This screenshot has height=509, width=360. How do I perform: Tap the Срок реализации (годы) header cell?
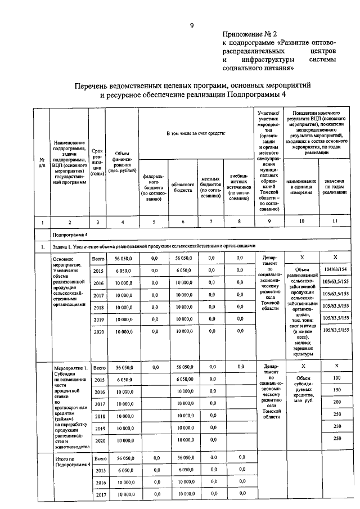coord(97,164)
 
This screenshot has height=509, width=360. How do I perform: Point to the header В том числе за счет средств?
coord(195,133)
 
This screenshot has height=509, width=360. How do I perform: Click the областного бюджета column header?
coord(183,187)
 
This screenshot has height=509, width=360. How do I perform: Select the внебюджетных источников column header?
coord(239,186)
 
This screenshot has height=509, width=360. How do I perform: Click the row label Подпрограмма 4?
coord(70,233)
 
